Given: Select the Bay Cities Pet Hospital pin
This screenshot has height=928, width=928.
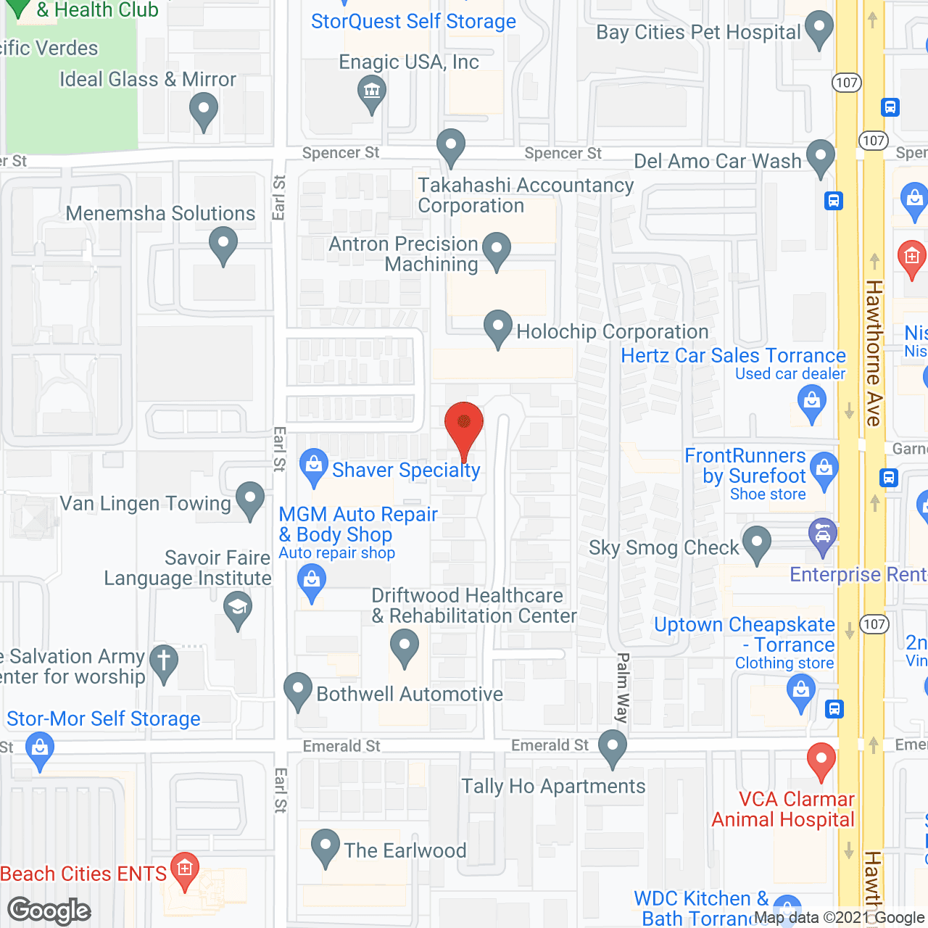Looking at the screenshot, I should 819,28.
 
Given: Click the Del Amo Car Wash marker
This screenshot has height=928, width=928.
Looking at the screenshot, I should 820,157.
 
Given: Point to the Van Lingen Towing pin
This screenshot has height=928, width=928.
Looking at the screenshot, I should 250,500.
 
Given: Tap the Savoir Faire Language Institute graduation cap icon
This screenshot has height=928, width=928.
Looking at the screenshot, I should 237,609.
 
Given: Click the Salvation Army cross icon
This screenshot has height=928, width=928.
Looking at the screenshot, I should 164,663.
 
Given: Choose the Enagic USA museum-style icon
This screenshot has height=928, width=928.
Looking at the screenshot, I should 372,93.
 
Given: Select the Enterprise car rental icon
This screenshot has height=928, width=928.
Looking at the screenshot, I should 822,536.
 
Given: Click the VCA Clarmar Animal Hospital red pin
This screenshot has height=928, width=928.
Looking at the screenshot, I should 821,761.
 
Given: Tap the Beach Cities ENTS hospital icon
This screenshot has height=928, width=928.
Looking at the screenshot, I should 184,869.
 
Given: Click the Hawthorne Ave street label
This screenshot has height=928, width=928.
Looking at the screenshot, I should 874,353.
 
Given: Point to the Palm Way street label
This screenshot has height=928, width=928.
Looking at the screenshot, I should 622,687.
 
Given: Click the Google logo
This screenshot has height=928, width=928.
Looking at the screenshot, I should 49,911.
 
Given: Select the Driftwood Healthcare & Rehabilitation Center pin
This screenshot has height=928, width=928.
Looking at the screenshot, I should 404,646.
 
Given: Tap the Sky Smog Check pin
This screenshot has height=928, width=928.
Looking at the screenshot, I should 757,543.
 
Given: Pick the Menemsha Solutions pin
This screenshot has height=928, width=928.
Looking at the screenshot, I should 223,244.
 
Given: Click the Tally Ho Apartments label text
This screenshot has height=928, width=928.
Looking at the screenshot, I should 553,786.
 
